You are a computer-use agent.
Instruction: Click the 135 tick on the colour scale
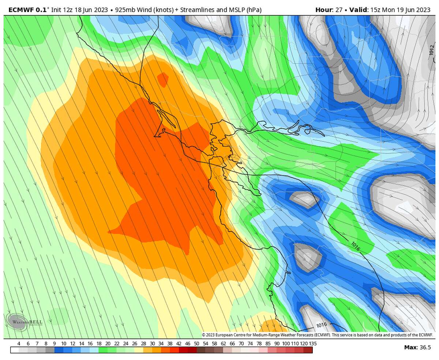[313, 344]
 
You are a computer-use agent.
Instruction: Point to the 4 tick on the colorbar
[19, 344]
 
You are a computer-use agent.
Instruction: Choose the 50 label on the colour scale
[196, 344]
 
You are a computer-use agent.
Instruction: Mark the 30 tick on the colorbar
[152, 344]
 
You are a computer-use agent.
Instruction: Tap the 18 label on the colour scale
[99, 344]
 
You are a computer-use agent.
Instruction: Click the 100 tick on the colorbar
[286, 344]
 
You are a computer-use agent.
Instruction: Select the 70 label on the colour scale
[241, 344]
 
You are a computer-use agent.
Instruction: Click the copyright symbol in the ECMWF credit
[204, 335]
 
